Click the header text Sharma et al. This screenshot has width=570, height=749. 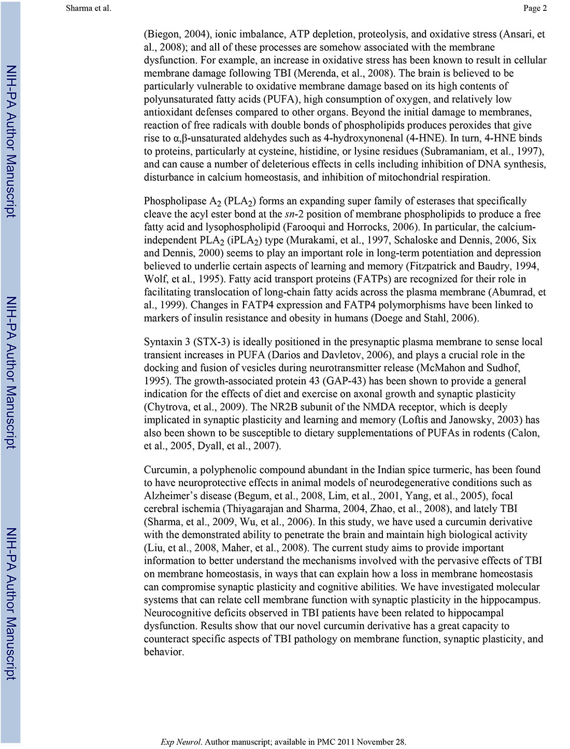(89, 8)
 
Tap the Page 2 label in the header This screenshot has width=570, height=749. (535, 8)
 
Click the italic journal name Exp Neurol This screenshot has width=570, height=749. (181, 742)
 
